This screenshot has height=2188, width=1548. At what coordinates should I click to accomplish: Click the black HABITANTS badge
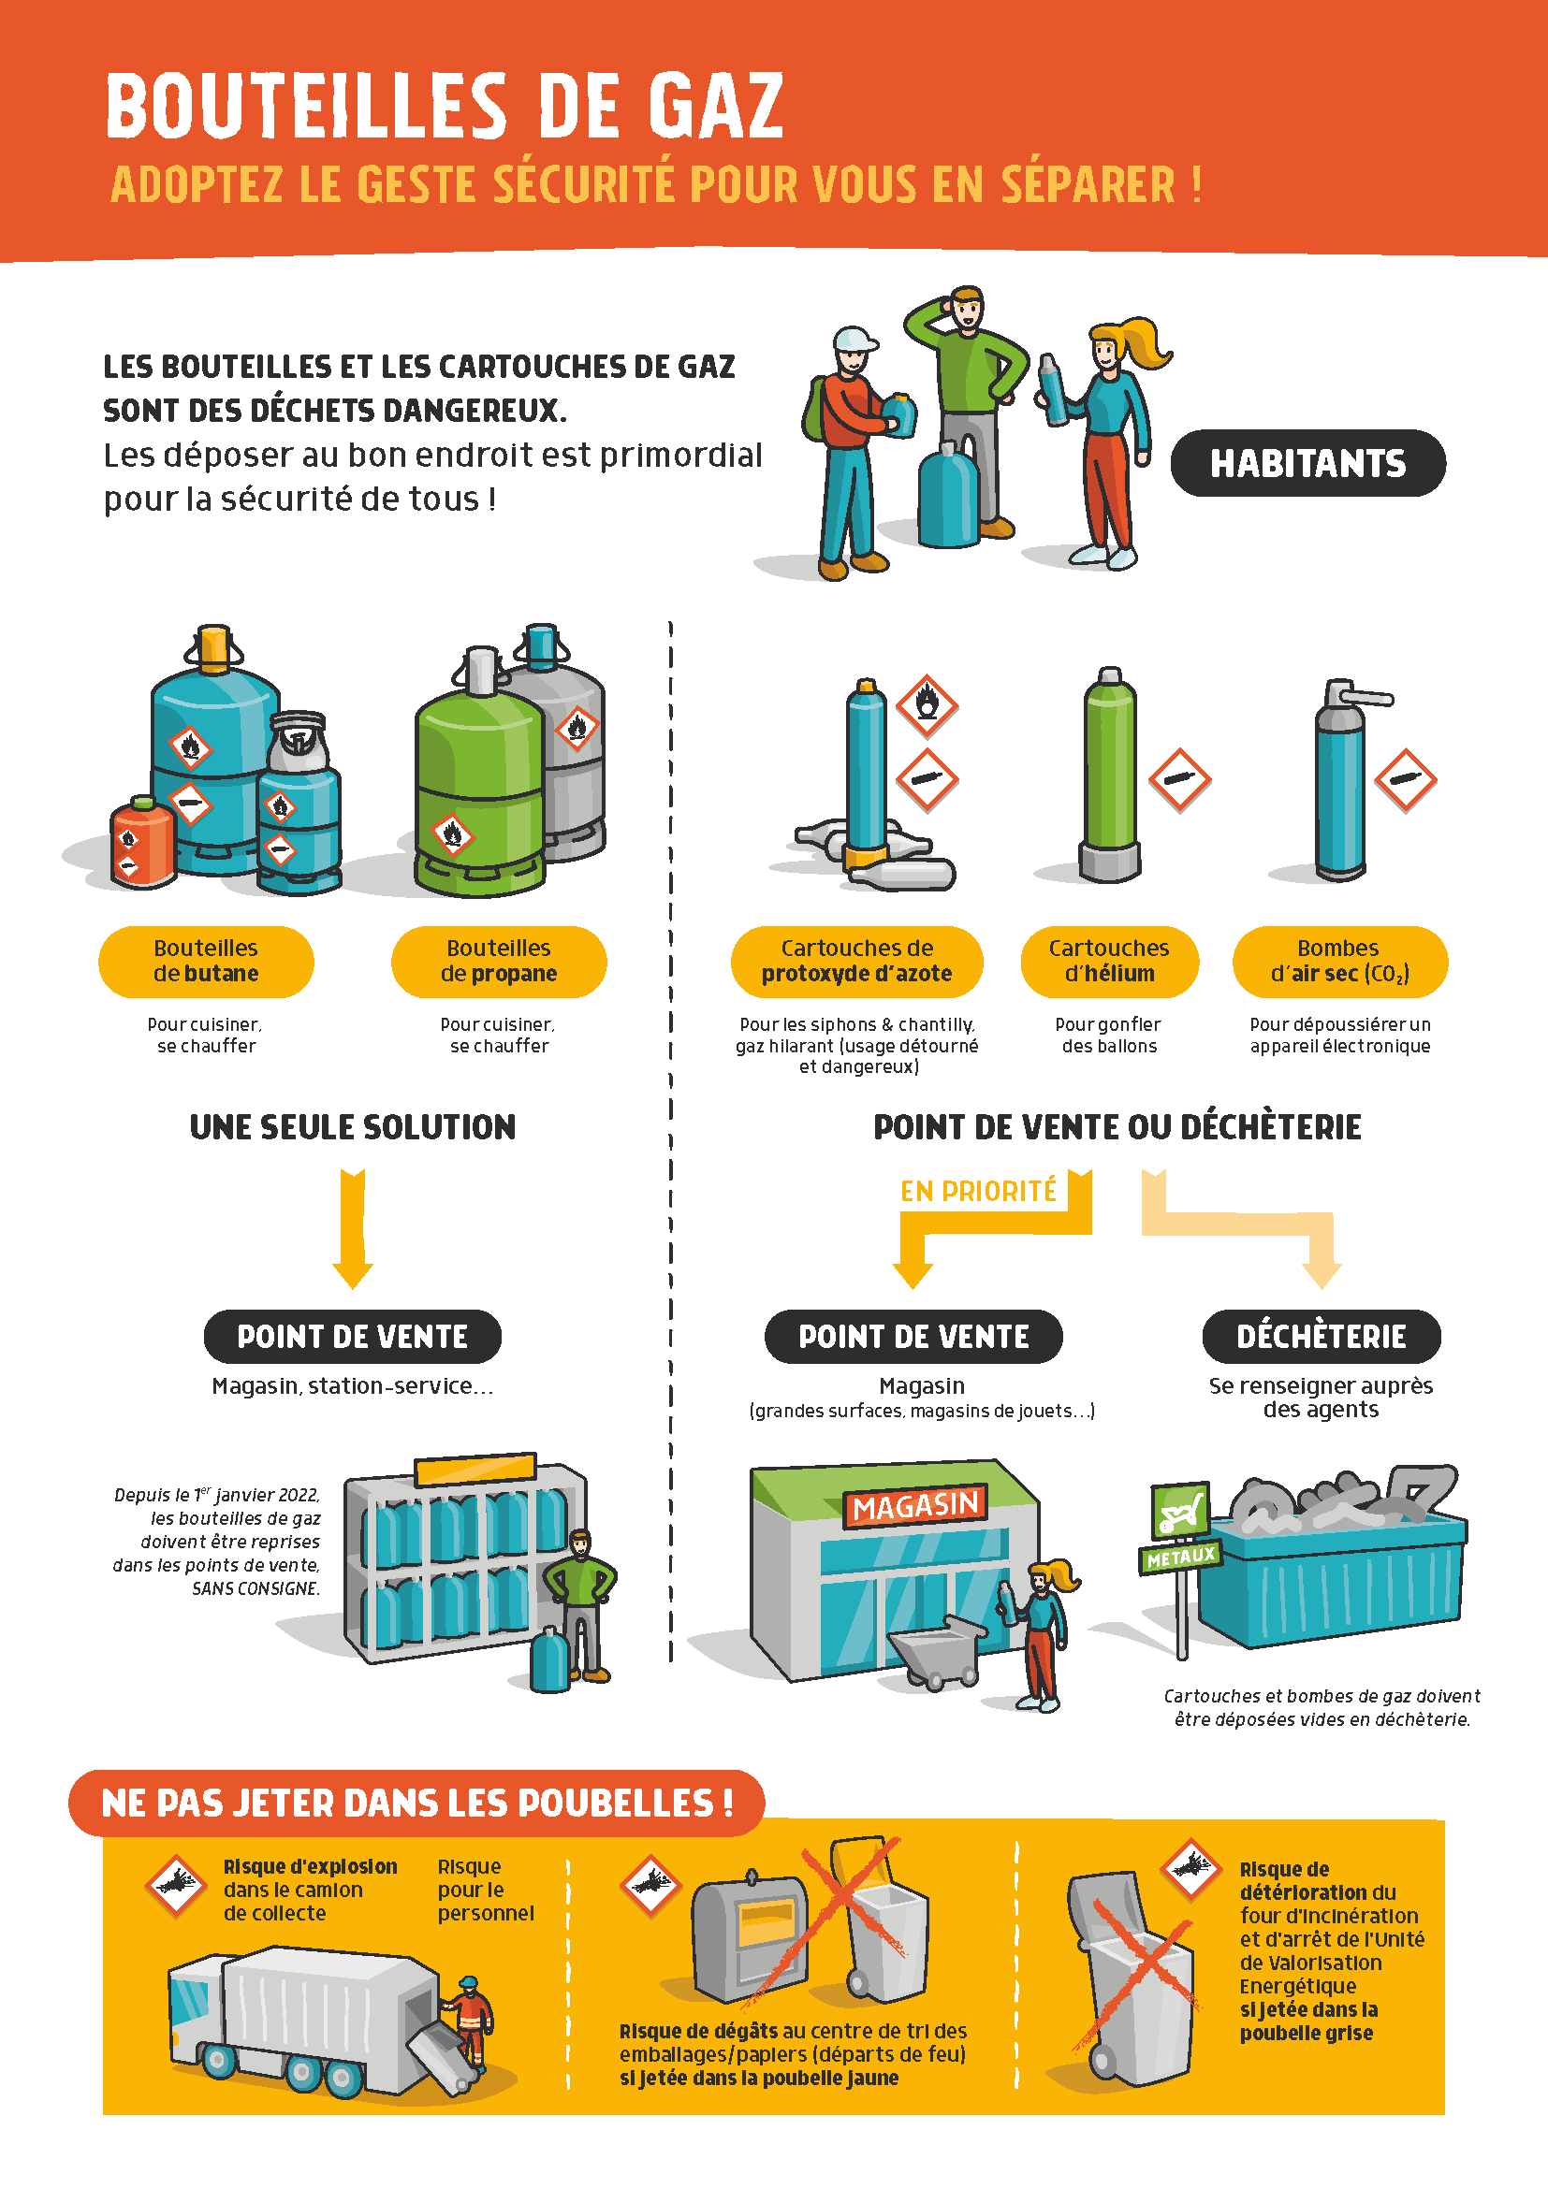point(1307,463)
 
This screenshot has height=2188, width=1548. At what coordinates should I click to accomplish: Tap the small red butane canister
point(143,842)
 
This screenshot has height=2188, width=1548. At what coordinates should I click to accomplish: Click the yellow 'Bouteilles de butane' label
point(206,962)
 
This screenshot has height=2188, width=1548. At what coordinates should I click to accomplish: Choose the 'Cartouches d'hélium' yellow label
point(1110,962)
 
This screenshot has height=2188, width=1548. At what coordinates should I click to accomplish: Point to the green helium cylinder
point(1110,774)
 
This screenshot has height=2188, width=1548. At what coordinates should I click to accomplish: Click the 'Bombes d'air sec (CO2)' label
point(1340,962)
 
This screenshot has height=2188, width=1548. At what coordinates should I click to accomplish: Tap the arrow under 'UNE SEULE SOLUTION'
point(353,1229)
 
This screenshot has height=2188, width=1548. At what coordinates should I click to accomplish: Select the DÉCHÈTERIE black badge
point(1322,1336)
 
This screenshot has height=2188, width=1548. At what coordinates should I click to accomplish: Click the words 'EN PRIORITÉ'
point(978,1191)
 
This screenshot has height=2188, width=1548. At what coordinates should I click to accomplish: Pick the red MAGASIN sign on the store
point(915,1506)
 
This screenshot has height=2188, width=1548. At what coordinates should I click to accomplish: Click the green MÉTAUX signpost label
point(1181,1558)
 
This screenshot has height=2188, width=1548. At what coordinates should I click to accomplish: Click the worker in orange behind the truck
point(469,2021)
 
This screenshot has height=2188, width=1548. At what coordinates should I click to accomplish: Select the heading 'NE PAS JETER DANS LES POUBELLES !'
point(417,1803)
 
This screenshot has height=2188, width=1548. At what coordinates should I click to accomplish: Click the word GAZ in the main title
point(716,106)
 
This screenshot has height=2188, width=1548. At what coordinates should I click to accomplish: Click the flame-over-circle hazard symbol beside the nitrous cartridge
point(927,706)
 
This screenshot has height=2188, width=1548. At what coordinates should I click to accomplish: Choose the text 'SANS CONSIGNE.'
point(256,1588)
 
